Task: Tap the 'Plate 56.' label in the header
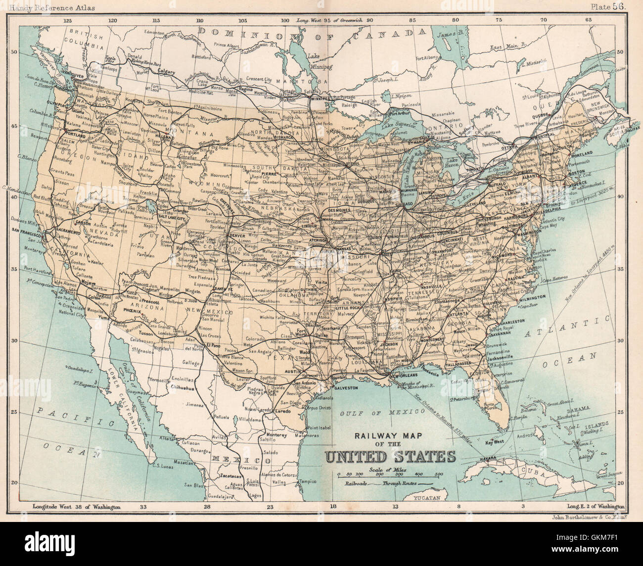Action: click(609, 6)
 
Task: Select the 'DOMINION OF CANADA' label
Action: click(312, 33)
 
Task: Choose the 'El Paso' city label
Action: click(213, 345)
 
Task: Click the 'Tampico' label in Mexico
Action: click(307, 480)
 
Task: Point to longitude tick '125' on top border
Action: click(68, 20)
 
